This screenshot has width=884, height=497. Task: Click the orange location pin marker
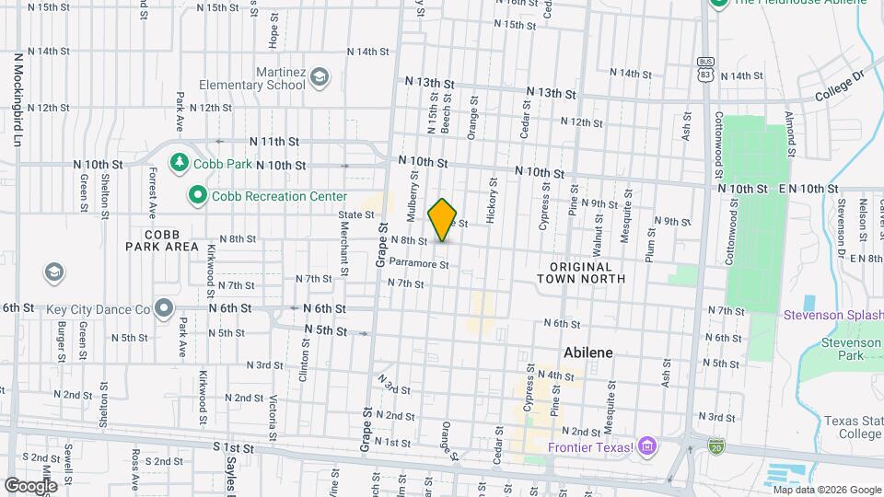tap(443, 219)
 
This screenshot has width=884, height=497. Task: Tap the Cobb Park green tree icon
tap(179, 163)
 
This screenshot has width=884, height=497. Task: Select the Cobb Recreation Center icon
tap(197, 195)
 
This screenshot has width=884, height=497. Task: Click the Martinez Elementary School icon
tap(320, 76)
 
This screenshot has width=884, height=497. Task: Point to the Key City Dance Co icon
tap(165, 307)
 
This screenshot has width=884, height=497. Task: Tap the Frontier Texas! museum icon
tap(647, 447)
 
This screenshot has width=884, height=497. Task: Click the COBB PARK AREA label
tap(162, 240)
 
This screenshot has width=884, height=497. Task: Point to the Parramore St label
tap(418, 263)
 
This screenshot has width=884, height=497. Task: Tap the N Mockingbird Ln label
tap(17, 98)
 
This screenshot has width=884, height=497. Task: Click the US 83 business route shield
tap(704, 66)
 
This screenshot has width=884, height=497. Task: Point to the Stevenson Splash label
tap(832, 315)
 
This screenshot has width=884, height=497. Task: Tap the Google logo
tap(30, 485)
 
